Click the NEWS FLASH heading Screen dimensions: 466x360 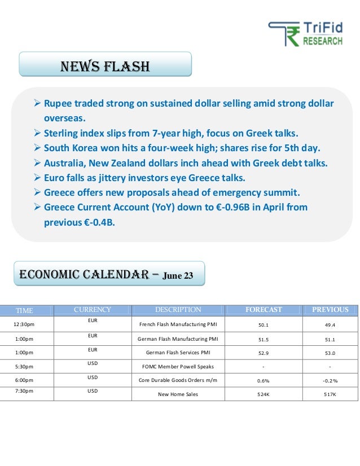tap(106, 67)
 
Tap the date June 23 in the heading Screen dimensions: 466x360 tap(178, 276)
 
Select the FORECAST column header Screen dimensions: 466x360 tap(264, 310)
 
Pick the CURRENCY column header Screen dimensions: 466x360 tap(93, 310)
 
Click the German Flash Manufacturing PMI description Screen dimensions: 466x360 tap(178, 339)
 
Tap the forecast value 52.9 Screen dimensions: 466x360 tap(264, 353)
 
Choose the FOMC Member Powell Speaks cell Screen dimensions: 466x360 tap(178, 367)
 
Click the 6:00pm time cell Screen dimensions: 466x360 tap(24, 380)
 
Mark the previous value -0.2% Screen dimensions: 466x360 tap(330, 381)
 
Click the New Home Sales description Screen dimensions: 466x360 tap(178, 394)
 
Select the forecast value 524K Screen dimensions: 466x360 tap(264, 394)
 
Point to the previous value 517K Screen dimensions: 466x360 tap(330, 394)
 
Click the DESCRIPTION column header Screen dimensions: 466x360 tap(178, 310)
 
